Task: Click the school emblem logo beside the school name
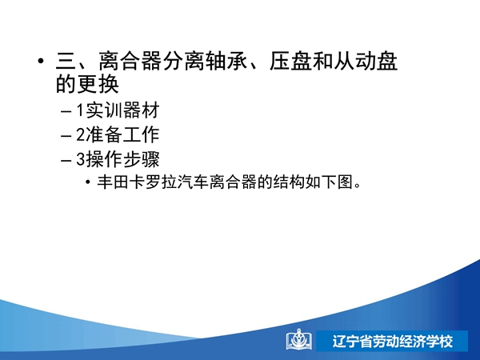pyautogui.click(x=299, y=339)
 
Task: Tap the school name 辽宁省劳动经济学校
pyautogui.click(x=393, y=341)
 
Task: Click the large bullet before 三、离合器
pyautogui.click(x=41, y=61)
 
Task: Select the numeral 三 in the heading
pyautogui.click(x=66, y=62)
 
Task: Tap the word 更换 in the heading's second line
pyautogui.click(x=98, y=83)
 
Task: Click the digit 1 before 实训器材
pyautogui.click(x=80, y=110)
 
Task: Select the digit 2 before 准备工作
pyautogui.click(x=80, y=134)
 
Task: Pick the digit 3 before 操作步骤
pyautogui.click(x=80, y=159)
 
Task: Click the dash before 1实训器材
pyautogui.click(x=66, y=111)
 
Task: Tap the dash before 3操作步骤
pyautogui.click(x=66, y=161)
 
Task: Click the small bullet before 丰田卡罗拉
pyautogui.click(x=88, y=182)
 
